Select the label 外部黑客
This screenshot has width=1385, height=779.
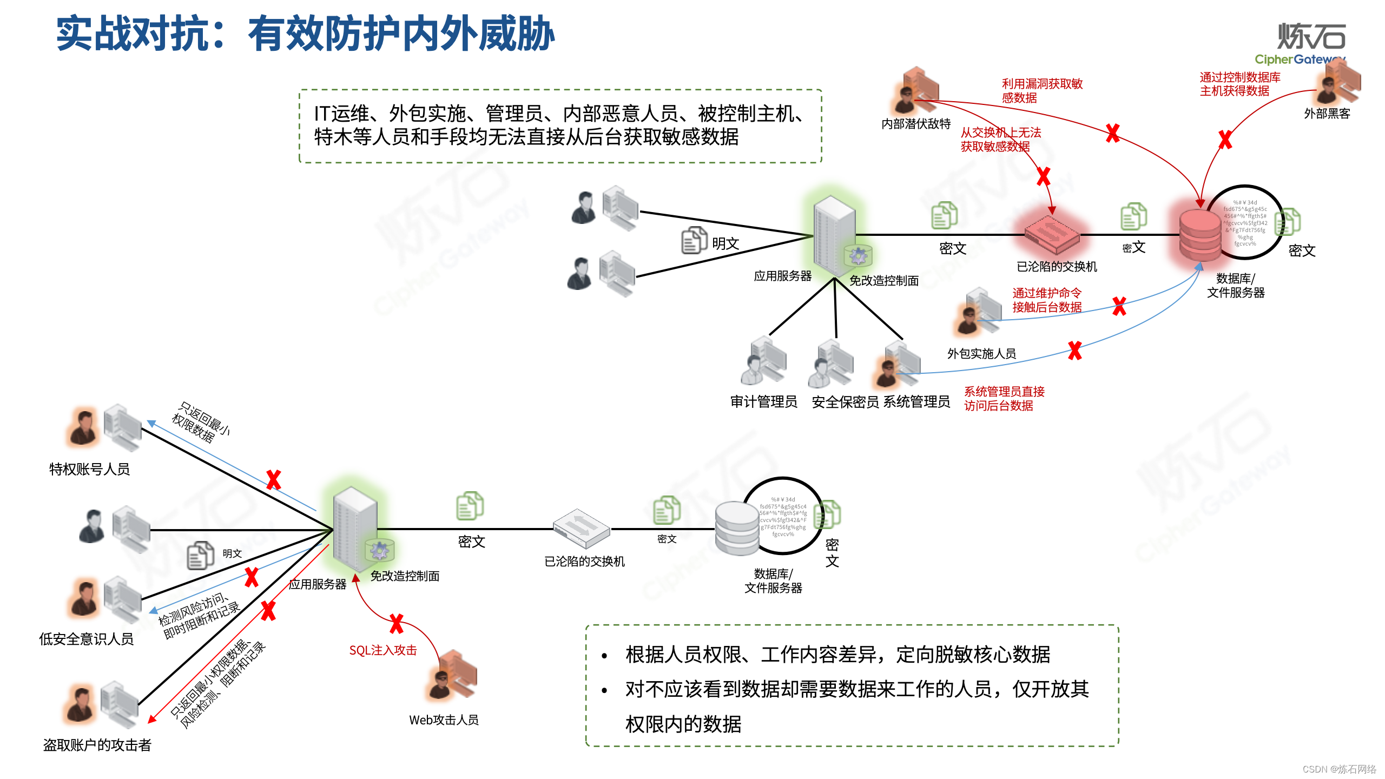pyautogui.click(x=1327, y=114)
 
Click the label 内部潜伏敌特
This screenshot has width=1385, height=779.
pyautogui.click(x=916, y=124)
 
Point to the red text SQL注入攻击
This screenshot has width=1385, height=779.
pyautogui.click(x=383, y=650)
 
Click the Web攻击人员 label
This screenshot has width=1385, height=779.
pyautogui.click(x=444, y=720)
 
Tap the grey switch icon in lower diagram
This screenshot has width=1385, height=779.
pyautogui.click(x=581, y=528)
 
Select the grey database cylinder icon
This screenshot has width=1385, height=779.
pyautogui.click(x=736, y=528)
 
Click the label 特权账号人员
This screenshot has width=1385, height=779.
pyautogui.click(x=90, y=469)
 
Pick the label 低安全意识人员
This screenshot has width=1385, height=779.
pyautogui.click(x=87, y=639)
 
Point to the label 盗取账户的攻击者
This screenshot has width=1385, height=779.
pyautogui.click(x=97, y=745)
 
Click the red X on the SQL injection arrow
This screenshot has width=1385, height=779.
pyautogui.click(x=397, y=624)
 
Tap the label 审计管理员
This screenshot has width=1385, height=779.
pyautogui.click(x=763, y=401)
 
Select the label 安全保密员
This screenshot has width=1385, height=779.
pyautogui.click(x=845, y=402)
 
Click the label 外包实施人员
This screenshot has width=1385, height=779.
pyautogui.click(x=981, y=354)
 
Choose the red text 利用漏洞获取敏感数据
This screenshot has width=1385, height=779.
pyautogui.click(x=1041, y=91)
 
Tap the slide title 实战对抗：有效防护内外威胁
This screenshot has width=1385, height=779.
pyautogui.click(x=306, y=34)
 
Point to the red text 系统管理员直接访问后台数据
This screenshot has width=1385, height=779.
pyautogui.click(x=1004, y=399)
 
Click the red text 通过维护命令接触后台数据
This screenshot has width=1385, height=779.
pyautogui.click(x=1047, y=300)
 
